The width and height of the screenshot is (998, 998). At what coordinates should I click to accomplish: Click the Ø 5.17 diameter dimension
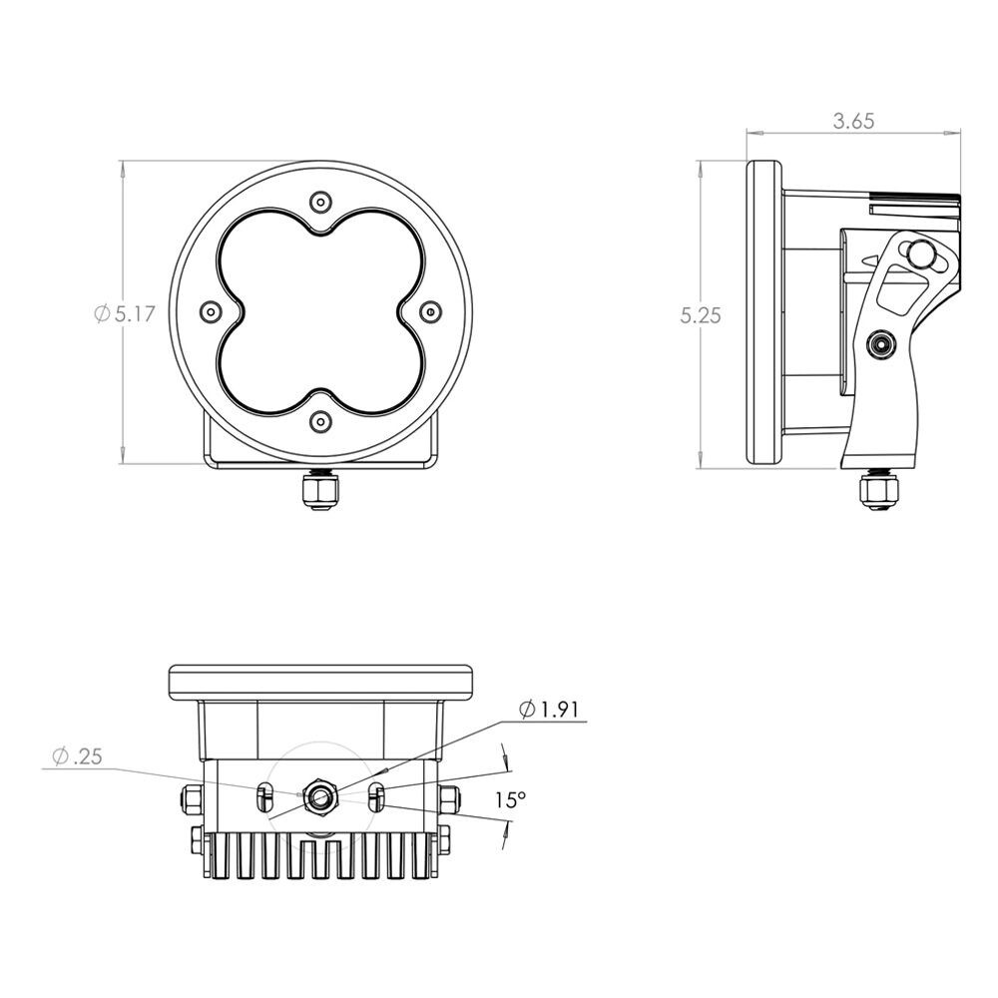[125, 313]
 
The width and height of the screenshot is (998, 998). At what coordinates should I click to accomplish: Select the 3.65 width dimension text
[853, 121]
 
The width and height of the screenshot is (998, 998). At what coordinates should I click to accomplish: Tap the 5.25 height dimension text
[701, 315]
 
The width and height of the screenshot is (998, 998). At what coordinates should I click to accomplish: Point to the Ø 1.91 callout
[549, 709]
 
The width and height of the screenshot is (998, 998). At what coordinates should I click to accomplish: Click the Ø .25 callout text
[78, 756]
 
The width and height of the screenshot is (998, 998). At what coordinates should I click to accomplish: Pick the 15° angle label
[511, 799]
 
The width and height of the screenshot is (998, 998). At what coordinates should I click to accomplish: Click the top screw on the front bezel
[320, 203]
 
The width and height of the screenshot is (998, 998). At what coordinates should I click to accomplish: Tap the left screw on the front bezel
[211, 311]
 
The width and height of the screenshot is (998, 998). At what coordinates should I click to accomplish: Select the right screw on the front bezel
[431, 311]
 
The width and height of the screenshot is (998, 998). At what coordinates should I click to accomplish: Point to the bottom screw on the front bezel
[320, 421]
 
